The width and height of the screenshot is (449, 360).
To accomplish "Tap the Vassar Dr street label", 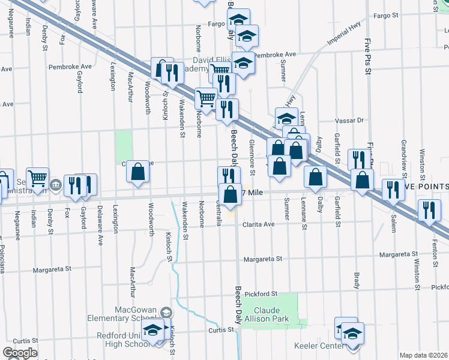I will (352, 121).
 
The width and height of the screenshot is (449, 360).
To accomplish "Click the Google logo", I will (20, 352).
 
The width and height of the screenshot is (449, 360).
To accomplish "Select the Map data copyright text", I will (423, 355).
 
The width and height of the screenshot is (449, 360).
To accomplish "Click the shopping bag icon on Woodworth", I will (138, 172).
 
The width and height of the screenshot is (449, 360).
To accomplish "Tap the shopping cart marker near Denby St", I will (37, 178).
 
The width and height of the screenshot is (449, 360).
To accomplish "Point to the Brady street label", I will (357, 280).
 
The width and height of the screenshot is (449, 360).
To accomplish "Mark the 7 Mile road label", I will (253, 192).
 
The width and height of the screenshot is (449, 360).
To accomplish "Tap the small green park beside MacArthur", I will (124, 144).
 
